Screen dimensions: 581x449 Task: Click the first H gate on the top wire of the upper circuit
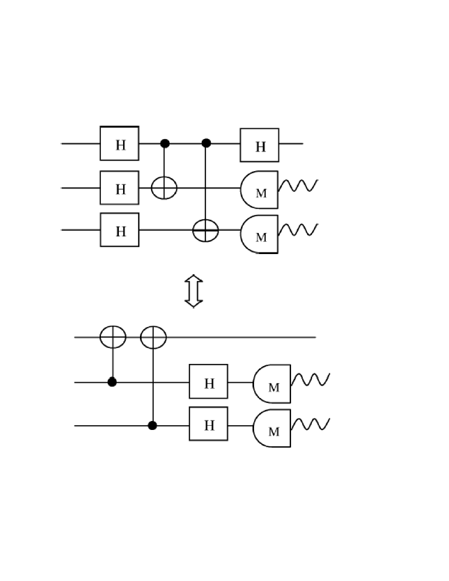click(x=120, y=143)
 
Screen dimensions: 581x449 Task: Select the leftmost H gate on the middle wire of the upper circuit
click(x=120, y=188)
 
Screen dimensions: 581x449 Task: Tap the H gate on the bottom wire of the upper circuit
click(x=120, y=230)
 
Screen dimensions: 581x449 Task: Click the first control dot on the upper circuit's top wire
click(x=165, y=143)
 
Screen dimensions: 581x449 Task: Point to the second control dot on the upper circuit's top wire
click(x=207, y=143)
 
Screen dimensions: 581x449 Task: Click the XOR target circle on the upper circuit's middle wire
click(x=165, y=188)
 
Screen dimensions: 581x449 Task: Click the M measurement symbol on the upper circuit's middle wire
click(x=259, y=190)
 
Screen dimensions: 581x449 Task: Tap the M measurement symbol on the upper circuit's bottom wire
click(x=259, y=235)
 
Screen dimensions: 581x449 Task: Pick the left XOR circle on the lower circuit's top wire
click(x=113, y=336)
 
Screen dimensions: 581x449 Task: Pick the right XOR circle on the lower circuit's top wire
click(x=153, y=336)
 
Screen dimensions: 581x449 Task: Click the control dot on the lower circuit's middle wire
click(x=112, y=381)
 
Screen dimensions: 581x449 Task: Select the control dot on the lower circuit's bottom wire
click(x=153, y=425)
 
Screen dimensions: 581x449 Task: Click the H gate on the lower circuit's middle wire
click(x=209, y=381)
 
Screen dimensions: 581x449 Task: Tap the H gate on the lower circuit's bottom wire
click(x=209, y=424)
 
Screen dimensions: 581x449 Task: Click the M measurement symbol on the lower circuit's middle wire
click(x=272, y=384)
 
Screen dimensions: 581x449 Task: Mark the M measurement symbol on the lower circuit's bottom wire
click(x=272, y=428)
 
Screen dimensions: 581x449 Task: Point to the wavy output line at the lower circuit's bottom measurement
click(x=312, y=424)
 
